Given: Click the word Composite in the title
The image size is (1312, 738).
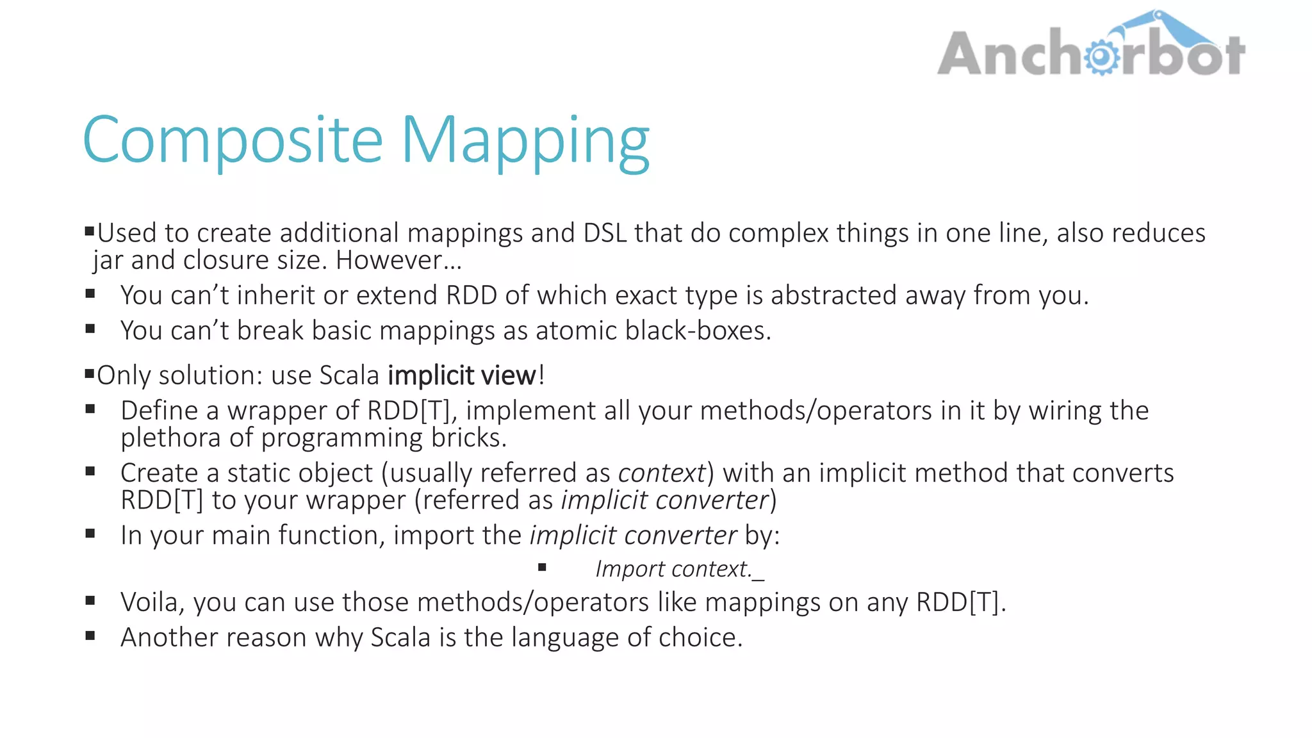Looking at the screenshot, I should pos(233,140).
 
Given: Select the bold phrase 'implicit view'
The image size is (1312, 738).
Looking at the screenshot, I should pos(462,375).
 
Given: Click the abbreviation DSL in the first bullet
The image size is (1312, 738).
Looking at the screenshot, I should pos(605,233).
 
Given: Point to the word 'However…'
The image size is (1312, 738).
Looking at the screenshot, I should pos(398,261).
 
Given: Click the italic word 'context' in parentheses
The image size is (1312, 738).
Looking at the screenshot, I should pos(661,473).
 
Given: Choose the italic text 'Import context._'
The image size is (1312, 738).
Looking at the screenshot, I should pos(680,569).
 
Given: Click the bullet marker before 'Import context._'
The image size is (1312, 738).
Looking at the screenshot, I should pos(542,567).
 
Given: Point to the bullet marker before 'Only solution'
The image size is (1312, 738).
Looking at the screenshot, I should pos(89,373).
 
